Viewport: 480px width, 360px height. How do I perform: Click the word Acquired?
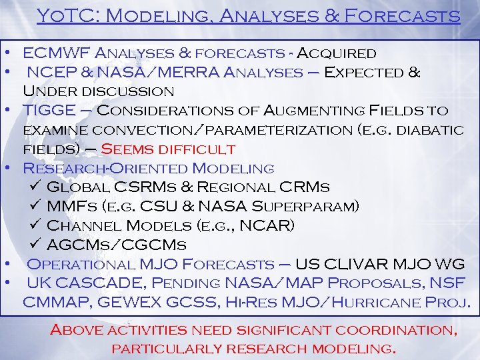click(x=336, y=53)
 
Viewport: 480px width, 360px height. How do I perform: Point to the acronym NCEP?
click(x=49, y=72)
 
